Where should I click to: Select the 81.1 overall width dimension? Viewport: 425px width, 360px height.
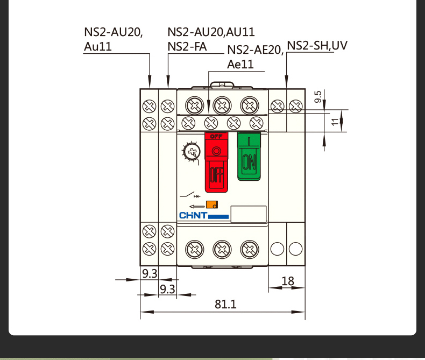click(225, 304)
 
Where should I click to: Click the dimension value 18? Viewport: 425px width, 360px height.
click(288, 281)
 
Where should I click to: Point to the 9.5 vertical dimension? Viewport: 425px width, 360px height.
click(318, 97)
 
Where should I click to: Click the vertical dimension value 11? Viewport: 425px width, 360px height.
click(335, 122)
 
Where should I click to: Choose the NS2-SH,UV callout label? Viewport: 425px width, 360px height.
click(317, 45)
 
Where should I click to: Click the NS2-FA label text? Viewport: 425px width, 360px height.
click(187, 46)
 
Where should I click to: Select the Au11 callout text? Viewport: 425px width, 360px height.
click(98, 46)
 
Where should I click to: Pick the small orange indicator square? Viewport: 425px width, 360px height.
click(212, 204)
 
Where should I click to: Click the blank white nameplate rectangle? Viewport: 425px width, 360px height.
click(249, 214)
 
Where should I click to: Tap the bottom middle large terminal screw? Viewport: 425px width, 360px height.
click(221, 249)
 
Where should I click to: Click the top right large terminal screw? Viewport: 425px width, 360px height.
click(249, 104)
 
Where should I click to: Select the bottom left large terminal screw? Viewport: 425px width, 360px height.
click(193, 249)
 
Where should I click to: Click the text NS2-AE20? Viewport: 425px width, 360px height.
click(254, 50)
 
